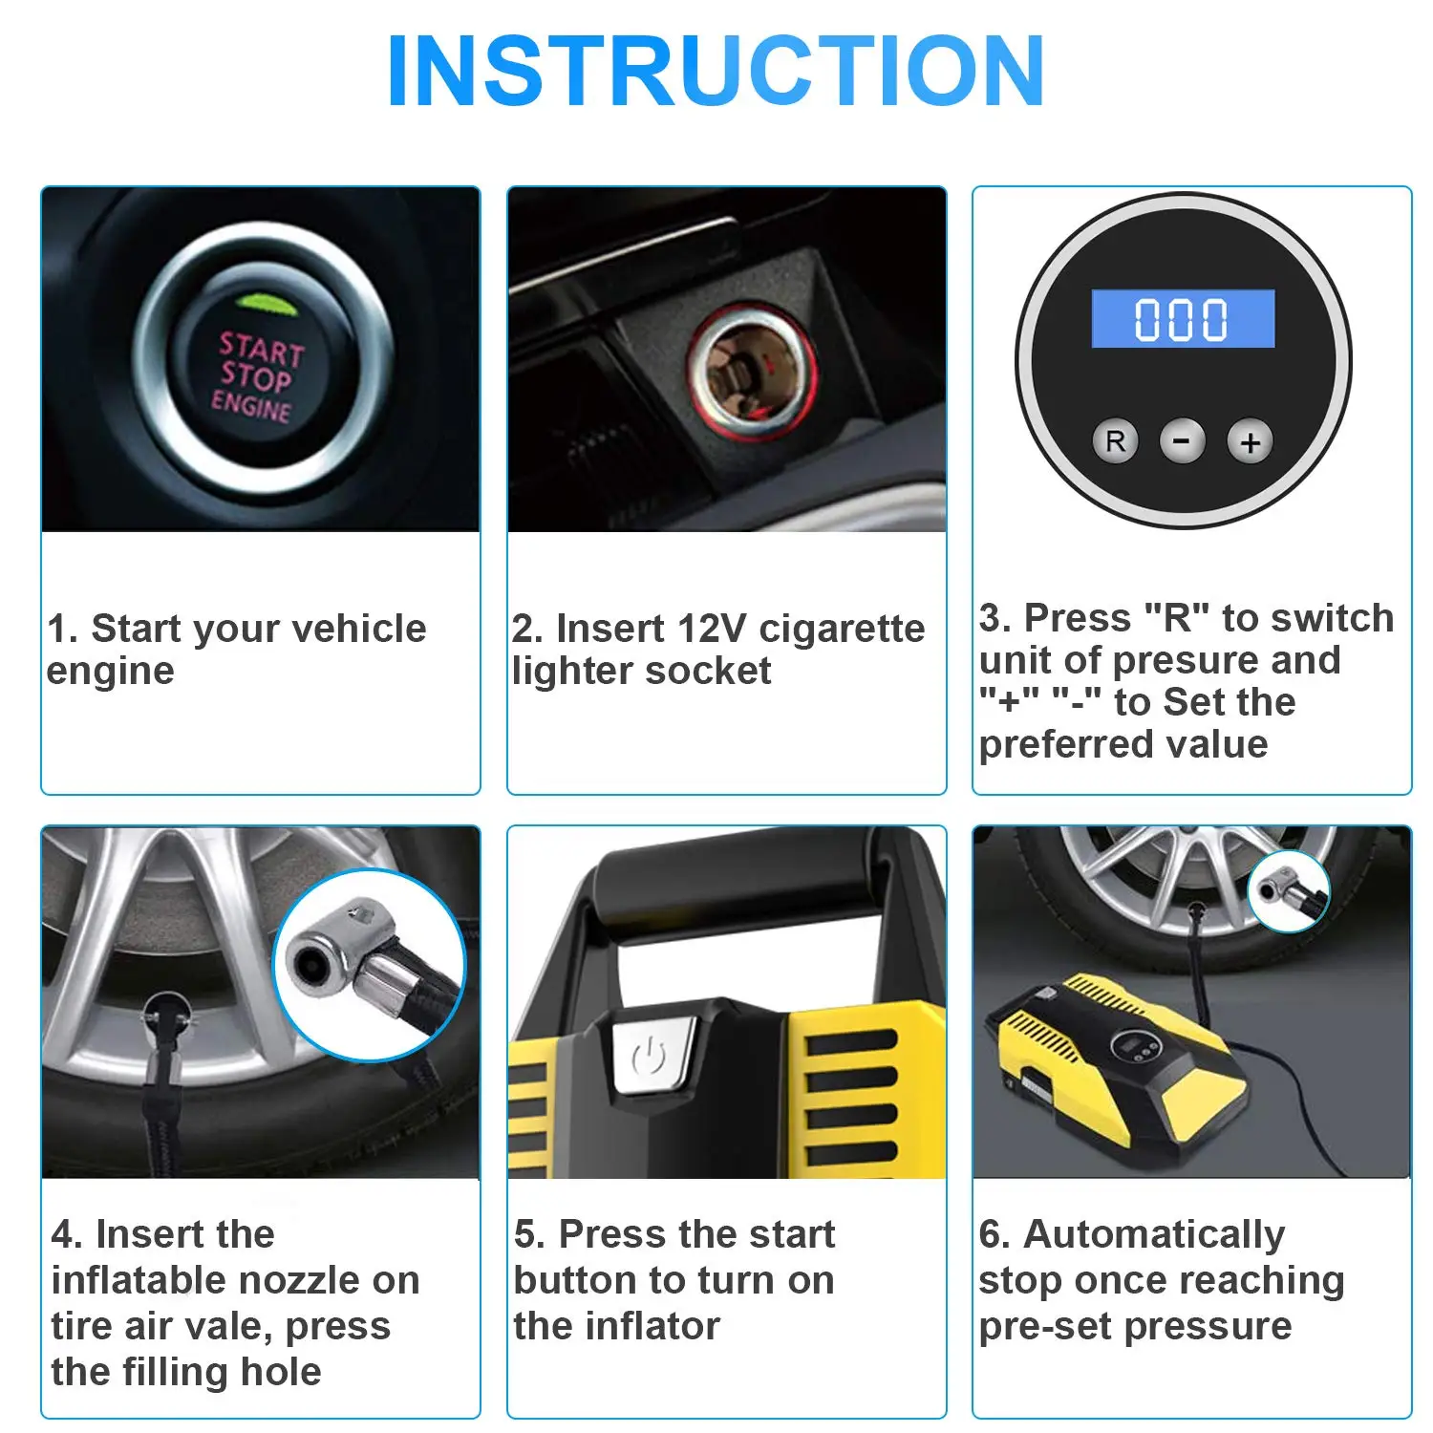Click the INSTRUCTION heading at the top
(716, 72)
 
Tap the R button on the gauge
(1115, 441)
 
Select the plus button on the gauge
(1250, 442)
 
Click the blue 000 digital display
(1183, 319)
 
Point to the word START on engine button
(261, 349)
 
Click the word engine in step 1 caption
(111, 672)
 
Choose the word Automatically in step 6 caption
(1154, 1234)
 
